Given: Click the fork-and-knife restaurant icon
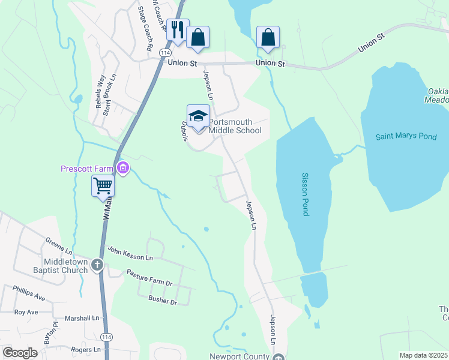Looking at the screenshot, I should click(177, 29).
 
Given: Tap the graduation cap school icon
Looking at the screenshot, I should click(198, 115).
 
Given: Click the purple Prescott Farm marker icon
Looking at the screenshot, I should click(123, 168).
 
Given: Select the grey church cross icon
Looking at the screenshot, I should click(97, 265).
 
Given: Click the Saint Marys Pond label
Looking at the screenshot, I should click(406, 137).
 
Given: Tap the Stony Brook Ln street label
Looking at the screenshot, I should click(109, 94).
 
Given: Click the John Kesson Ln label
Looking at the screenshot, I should click(130, 253).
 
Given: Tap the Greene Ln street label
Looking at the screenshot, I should click(59, 245).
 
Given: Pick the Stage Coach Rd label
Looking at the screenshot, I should click(146, 28).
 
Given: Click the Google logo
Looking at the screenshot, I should click(20, 353).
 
